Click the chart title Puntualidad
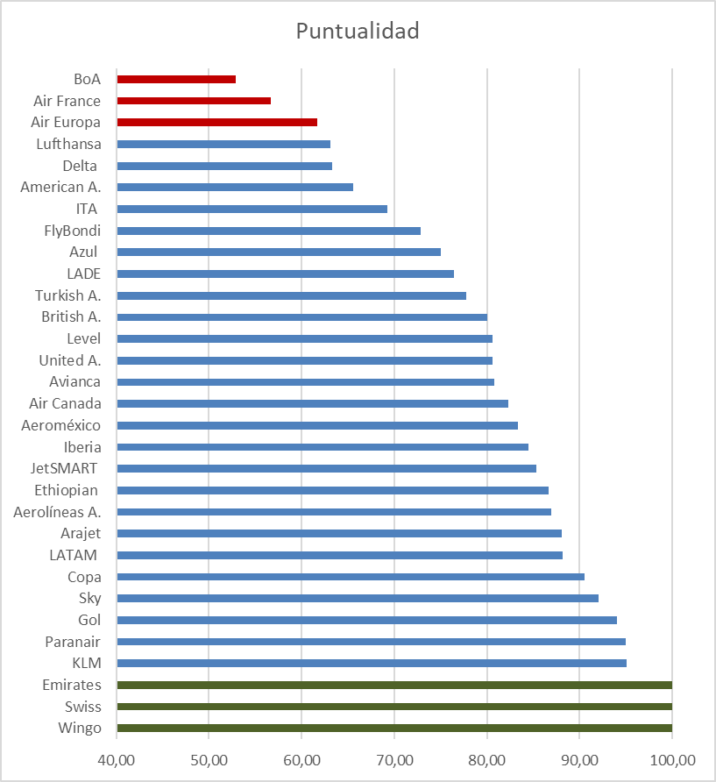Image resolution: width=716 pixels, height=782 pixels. (358, 32)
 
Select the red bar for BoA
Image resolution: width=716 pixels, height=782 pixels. (176, 79)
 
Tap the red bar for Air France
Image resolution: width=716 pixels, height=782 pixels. (194, 101)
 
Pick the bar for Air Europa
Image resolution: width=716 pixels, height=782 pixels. (216, 122)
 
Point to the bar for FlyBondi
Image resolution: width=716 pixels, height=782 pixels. (268, 231)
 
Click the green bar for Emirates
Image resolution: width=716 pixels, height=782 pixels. (394, 685)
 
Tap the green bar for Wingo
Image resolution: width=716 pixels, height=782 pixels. (394, 728)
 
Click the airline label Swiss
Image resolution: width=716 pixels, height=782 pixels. (82, 707)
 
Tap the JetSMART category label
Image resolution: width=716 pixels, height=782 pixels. (64, 468)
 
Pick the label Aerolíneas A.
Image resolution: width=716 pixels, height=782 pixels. (57, 512)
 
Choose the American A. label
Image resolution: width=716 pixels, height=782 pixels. (60, 187)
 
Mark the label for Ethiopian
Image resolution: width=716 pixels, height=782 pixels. (66, 490)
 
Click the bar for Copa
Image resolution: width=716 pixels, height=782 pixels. (351, 577)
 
